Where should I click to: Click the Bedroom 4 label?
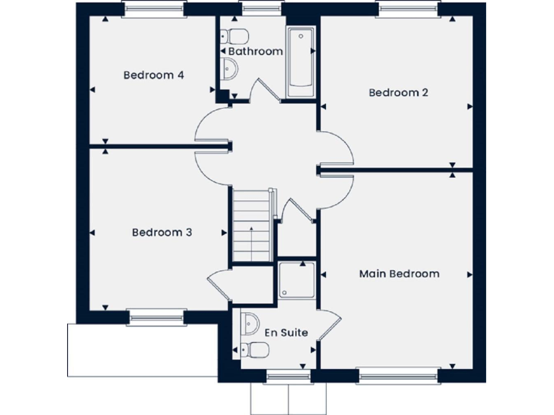[153, 75]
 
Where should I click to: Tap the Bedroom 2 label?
[399, 92]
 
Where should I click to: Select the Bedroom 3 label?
[162, 233]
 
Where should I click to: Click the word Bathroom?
[255, 51]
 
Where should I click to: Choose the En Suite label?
[286, 333]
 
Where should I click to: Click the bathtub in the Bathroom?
[300, 63]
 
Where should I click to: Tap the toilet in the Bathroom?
[235, 36]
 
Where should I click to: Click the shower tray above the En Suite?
[297, 280]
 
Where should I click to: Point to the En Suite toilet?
[256, 351]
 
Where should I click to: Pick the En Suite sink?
[250, 323]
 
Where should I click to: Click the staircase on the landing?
[251, 224]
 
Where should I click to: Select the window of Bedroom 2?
[408, 9]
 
